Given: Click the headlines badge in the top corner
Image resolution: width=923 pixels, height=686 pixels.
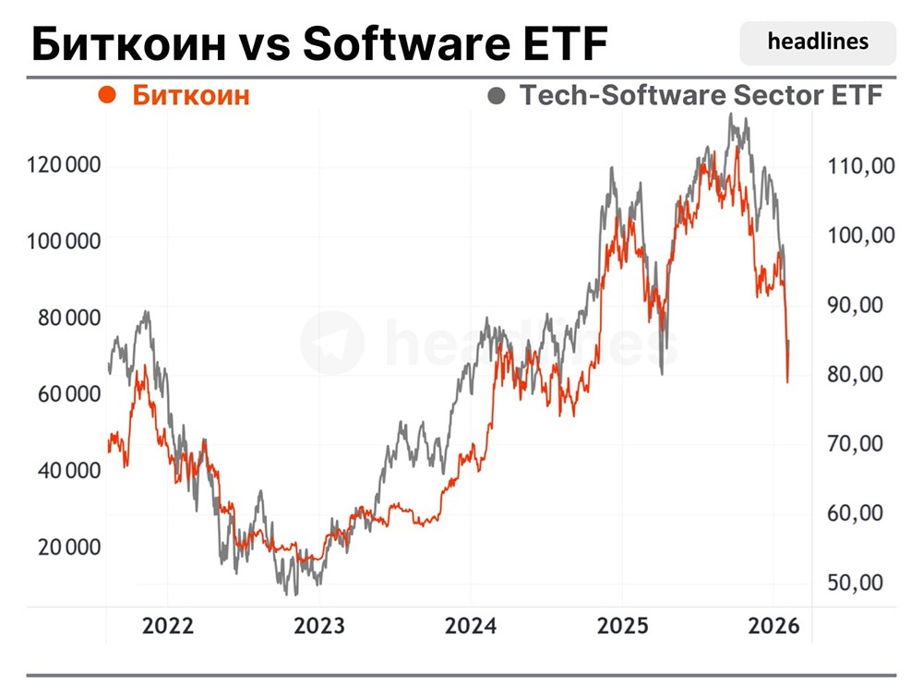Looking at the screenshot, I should click(818, 42).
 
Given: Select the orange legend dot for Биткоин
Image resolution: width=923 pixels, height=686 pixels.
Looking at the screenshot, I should click(107, 94).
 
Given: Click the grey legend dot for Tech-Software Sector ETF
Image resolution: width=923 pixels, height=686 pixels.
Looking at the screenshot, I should click(497, 94).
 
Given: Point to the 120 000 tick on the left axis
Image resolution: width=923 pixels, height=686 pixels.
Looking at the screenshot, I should click(65, 165).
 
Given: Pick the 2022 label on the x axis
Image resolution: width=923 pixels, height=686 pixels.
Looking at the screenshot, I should click(167, 626).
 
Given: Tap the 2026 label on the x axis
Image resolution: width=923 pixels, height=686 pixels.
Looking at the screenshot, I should click(772, 626).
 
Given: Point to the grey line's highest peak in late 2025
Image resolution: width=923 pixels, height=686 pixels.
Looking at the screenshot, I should click(731, 115).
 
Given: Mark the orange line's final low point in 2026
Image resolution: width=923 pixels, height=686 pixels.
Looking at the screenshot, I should click(787, 381).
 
